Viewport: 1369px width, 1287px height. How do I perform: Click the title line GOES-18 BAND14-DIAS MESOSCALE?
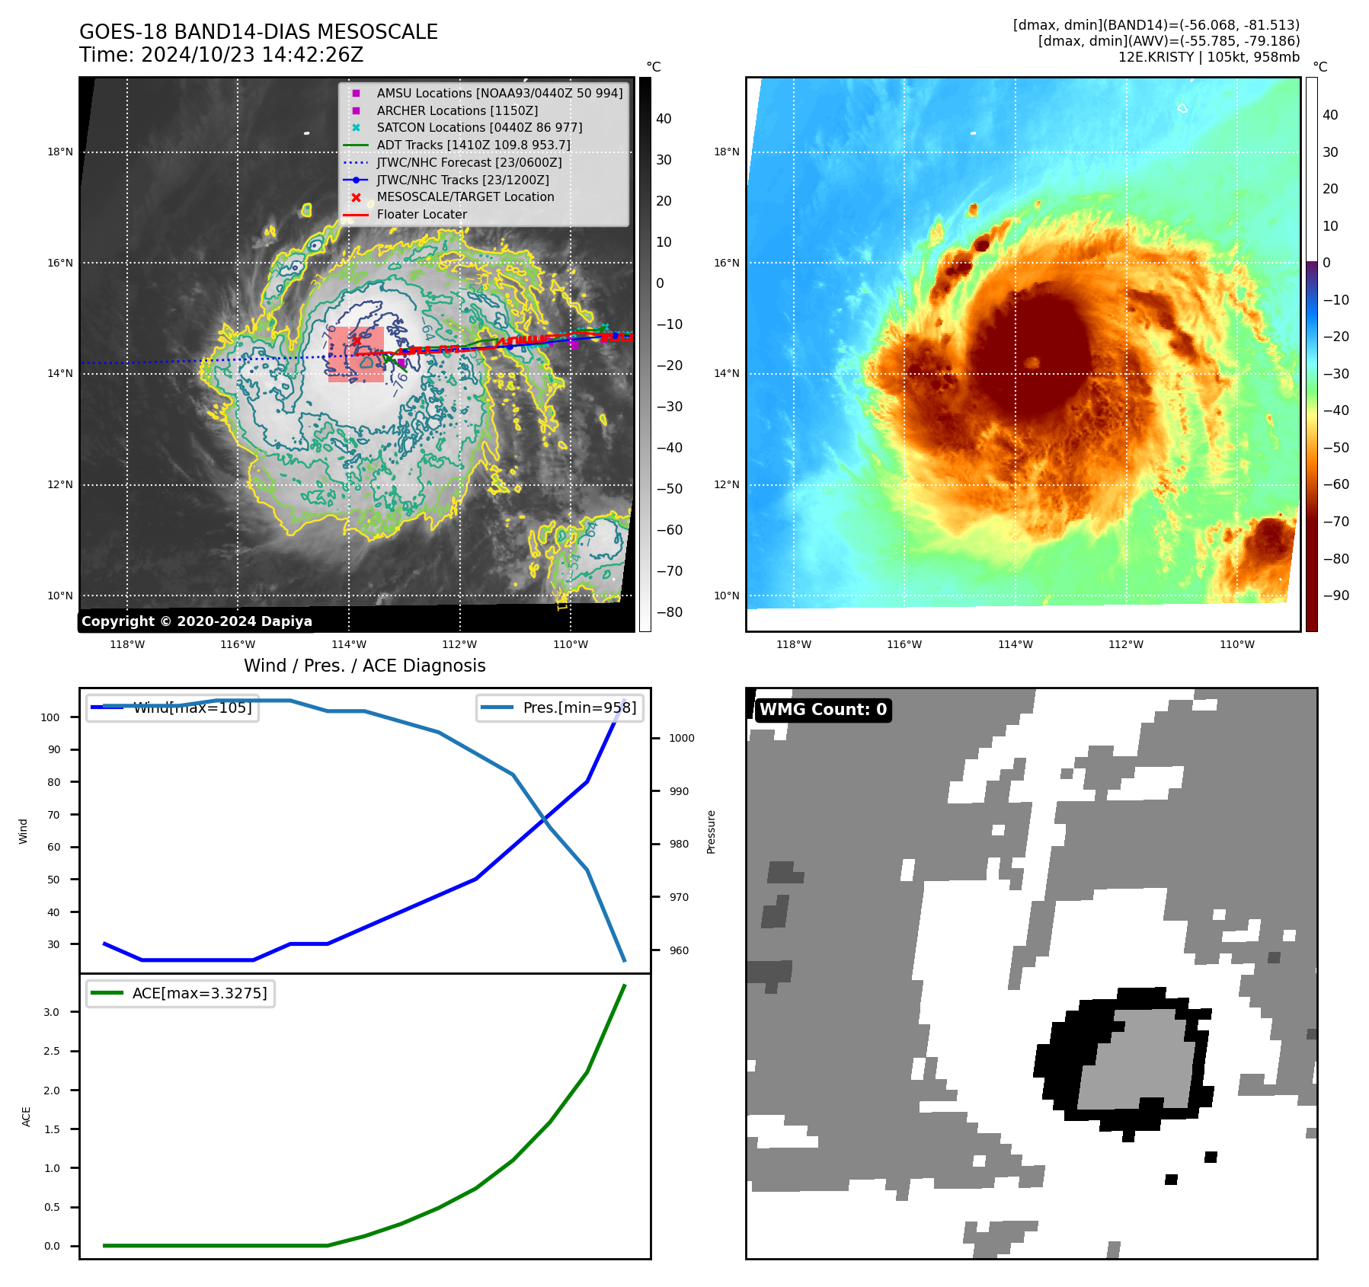pyautogui.click(x=258, y=32)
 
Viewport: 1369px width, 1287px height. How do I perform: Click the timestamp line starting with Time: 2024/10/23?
pyautogui.click(x=221, y=55)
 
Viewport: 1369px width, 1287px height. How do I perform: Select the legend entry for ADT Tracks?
pyautogui.click(x=472, y=145)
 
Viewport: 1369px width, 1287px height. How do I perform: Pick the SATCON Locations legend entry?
pyautogui.click(x=478, y=127)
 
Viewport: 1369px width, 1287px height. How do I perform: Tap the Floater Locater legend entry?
pyautogui.click(x=421, y=214)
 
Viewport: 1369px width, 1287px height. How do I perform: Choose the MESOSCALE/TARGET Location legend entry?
pyautogui.click(x=465, y=196)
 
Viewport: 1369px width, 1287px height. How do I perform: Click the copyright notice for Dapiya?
pyautogui.click(x=197, y=621)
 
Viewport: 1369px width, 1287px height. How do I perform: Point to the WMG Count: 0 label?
pyautogui.click(x=823, y=710)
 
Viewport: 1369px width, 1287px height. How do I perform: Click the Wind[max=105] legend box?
pyautogui.click(x=173, y=707)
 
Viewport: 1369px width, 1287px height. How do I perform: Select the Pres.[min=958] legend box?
pyautogui.click(x=560, y=707)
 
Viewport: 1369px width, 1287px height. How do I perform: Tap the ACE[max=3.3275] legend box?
pyautogui.click(x=181, y=993)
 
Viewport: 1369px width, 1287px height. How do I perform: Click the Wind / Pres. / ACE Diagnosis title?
pyautogui.click(x=364, y=666)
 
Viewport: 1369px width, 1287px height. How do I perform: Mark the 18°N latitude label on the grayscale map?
pyautogui.click(x=60, y=152)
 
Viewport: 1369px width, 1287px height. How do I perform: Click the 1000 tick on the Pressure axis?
pyautogui.click(x=681, y=738)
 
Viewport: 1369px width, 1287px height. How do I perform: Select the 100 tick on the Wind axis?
pyautogui.click(x=50, y=717)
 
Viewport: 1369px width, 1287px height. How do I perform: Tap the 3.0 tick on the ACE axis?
pyautogui.click(x=51, y=1012)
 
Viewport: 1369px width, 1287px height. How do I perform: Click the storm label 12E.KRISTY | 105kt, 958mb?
pyautogui.click(x=1208, y=57)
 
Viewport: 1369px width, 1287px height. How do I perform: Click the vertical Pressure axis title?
pyautogui.click(x=711, y=832)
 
